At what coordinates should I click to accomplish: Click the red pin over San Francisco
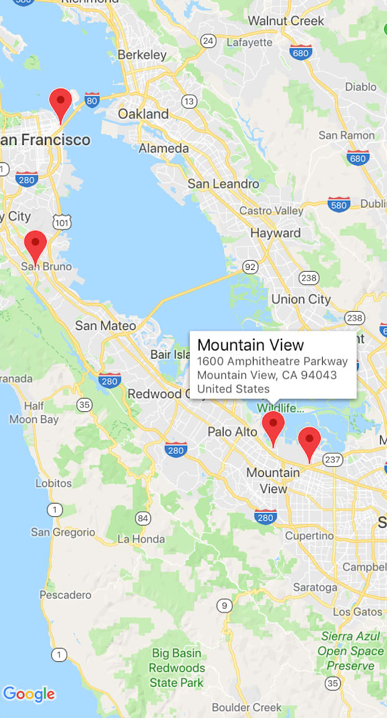[x=61, y=103]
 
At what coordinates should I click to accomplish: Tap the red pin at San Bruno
[x=35, y=245]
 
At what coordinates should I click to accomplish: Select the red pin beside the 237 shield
[x=309, y=442]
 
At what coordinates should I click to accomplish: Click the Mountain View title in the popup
[x=250, y=345]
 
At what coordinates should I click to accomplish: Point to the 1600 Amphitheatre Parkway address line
[x=272, y=361]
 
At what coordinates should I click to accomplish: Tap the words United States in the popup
[x=233, y=389]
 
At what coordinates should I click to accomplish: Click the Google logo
[x=29, y=694]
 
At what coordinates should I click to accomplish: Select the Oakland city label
[x=144, y=114]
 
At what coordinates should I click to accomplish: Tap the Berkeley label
[x=142, y=54]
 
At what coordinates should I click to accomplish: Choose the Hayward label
[x=275, y=233]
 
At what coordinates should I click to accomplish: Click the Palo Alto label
[x=232, y=432]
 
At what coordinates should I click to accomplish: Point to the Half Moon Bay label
[x=34, y=412]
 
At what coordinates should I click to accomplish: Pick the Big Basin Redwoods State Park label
[x=177, y=668]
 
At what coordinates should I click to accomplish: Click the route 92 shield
[x=250, y=267]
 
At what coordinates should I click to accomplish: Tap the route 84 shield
[x=143, y=518]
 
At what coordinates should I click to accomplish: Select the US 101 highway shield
[x=62, y=221]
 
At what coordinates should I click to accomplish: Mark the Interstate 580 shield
[x=339, y=204]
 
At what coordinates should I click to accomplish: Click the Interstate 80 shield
[x=92, y=99]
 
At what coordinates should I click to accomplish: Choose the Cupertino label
[x=309, y=536]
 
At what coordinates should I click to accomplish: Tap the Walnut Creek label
[x=286, y=21]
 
